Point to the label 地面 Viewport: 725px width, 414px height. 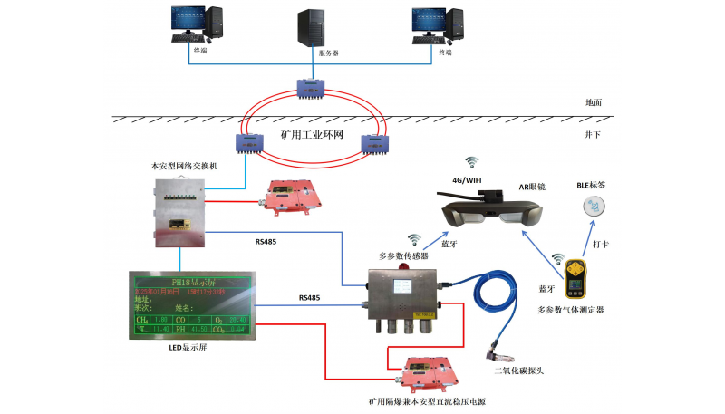point(593,103)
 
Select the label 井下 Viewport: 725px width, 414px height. point(593,134)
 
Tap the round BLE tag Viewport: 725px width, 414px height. point(591,207)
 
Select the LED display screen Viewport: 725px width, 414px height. point(189,305)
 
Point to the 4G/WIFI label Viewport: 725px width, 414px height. point(470,179)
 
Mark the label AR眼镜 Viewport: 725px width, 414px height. point(531,186)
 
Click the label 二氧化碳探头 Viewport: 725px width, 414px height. point(517,370)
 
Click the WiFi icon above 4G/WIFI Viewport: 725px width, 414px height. point(471,163)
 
